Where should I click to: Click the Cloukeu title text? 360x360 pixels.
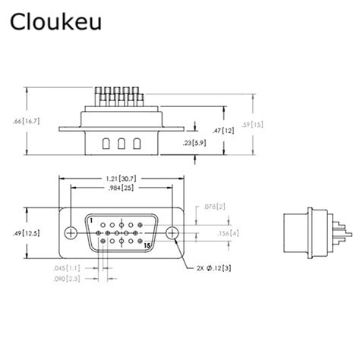[52, 23]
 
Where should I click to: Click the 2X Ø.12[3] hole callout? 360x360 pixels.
[214, 269]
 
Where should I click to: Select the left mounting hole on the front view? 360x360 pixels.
[71, 232]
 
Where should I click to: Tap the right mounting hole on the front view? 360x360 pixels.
[173, 232]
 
